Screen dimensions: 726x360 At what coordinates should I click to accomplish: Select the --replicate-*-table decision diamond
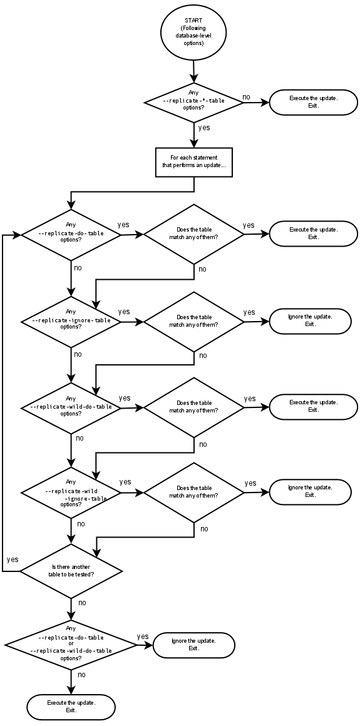pyautogui.click(x=193, y=101)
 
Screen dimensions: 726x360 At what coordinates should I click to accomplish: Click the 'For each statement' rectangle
pyautogui.click(x=193, y=162)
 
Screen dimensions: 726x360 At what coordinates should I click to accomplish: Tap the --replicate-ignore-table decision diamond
pyautogui.click(x=71, y=322)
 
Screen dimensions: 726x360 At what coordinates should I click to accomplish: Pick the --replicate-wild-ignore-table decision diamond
pyautogui.click(x=71, y=493)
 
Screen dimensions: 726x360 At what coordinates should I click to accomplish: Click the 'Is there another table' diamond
pyautogui.click(x=71, y=571)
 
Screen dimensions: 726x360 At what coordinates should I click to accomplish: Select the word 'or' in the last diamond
pyautogui.click(x=71, y=644)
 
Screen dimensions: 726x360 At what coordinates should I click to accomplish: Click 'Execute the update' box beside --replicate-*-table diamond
pyautogui.click(x=313, y=102)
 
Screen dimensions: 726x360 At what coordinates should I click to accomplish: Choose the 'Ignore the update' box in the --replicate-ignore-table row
pyautogui.click(x=310, y=321)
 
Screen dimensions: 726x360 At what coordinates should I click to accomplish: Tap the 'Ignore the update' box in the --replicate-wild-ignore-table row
pyautogui.click(x=310, y=492)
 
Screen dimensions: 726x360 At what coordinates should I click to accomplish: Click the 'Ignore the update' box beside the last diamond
pyautogui.click(x=193, y=645)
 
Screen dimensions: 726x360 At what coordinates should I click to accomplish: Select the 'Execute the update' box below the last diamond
pyautogui.click(x=71, y=707)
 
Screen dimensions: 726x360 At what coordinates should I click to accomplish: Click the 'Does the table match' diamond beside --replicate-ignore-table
pyautogui.click(x=193, y=321)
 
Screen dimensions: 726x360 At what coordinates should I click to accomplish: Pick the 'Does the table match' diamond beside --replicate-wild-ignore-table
pyautogui.click(x=193, y=492)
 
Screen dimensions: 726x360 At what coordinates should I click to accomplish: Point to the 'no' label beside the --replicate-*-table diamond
pyautogui.click(x=246, y=97)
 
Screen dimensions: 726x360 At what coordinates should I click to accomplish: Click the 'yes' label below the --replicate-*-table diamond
pyautogui.click(x=203, y=128)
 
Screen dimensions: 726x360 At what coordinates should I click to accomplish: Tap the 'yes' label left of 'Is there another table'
pyautogui.click(x=13, y=559)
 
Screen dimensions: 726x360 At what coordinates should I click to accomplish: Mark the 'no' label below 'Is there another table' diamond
pyautogui.click(x=82, y=603)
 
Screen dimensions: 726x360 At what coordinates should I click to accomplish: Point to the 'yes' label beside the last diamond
pyautogui.click(x=143, y=637)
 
